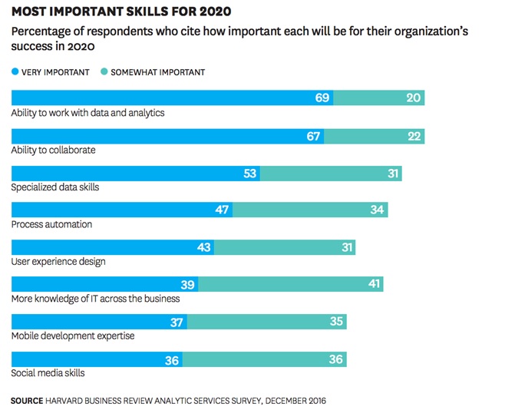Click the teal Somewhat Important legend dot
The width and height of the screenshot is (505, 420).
104,72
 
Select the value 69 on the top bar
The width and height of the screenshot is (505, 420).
322,98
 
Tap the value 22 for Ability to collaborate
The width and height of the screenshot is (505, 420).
414,136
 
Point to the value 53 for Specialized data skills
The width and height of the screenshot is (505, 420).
249,174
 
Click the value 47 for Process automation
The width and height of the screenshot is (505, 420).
222,210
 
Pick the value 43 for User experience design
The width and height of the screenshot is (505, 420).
203,247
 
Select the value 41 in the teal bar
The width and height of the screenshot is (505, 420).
373,284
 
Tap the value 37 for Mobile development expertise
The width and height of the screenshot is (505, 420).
177,322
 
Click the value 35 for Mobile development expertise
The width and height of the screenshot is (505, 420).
336,322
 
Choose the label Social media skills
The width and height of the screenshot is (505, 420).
48,373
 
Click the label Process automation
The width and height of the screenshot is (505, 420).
51,224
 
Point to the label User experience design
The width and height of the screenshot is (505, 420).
58,262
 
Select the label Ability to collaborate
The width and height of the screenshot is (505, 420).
53,150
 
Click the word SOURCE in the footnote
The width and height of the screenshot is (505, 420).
27,401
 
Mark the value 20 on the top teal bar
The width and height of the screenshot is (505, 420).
414,98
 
